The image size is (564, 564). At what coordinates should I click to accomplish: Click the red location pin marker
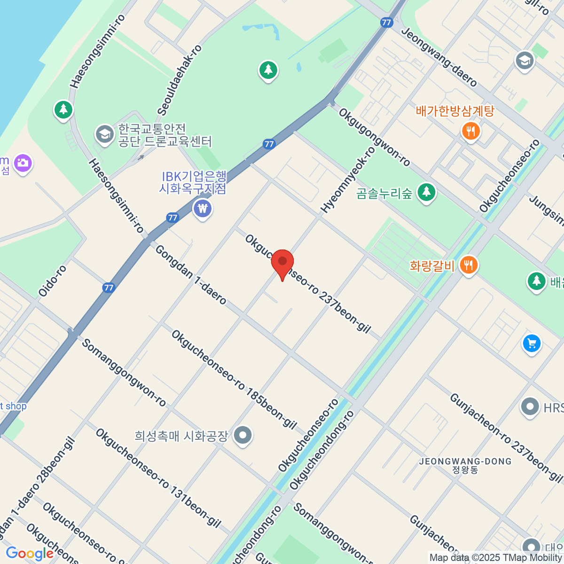tap(282, 263)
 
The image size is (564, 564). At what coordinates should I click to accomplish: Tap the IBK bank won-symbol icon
tap(203, 208)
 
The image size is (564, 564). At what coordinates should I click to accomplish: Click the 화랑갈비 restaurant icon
tap(468, 266)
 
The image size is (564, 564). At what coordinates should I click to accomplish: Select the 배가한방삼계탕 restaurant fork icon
tap(470, 131)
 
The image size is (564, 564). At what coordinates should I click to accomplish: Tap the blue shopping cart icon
tap(532, 344)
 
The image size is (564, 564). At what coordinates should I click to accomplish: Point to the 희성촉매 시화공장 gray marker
tap(243, 435)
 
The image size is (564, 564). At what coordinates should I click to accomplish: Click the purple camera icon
tap(23, 163)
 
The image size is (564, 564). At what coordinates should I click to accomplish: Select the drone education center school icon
tap(104, 134)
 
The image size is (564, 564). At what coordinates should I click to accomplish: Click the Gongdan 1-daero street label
tap(191, 274)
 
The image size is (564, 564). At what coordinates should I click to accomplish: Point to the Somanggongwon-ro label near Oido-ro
tap(124, 372)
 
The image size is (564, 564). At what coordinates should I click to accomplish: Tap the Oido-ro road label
tap(53, 281)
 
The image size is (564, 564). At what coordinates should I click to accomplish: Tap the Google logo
tap(29, 554)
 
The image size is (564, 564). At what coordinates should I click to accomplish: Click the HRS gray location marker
tap(530, 407)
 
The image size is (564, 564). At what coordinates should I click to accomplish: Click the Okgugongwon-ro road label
tap(374, 137)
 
